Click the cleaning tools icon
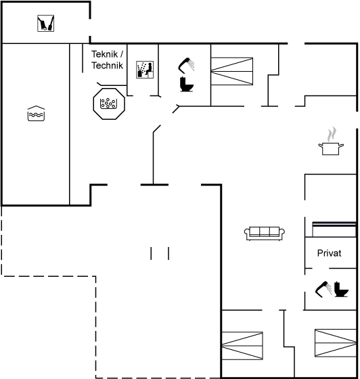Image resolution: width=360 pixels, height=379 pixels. pyautogui.click(x=45, y=23)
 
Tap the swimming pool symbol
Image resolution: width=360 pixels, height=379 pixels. pyautogui.click(x=36, y=114)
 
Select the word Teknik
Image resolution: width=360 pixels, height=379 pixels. pyautogui.click(x=104, y=54)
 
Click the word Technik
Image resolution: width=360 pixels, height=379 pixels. pyautogui.click(x=107, y=66)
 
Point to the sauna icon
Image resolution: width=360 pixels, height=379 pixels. pyautogui.click(x=145, y=70)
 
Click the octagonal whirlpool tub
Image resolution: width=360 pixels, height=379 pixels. pyautogui.click(x=109, y=104)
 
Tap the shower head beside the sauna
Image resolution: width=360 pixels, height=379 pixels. pyautogui.click(x=186, y=65)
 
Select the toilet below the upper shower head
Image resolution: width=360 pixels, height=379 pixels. pyautogui.click(x=186, y=84)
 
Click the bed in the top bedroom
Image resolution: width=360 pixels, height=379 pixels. pyautogui.click(x=231, y=71)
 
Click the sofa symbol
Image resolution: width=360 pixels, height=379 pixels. pyautogui.click(x=265, y=233)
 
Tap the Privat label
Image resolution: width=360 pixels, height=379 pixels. pyautogui.click(x=329, y=253)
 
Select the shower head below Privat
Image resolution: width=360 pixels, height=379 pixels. pyautogui.click(x=323, y=289)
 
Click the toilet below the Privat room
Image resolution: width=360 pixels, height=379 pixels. pyautogui.click(x=341, y=289)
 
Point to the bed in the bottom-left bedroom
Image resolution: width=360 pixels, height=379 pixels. pyautogui.click(x=242, y=346)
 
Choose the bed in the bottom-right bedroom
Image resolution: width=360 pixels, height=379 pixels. pyautogui.click(x=336, y=342)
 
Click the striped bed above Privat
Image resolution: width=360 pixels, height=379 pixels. pyautogui.click(x=334, y=229)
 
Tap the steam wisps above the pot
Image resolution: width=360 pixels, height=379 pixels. pyautogui.click(x=332, y=134)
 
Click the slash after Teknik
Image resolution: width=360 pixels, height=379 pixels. pyautogui.click(x=122, y=54)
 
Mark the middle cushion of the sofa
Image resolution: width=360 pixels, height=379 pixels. pyautogui.click(x=265, y=231)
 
